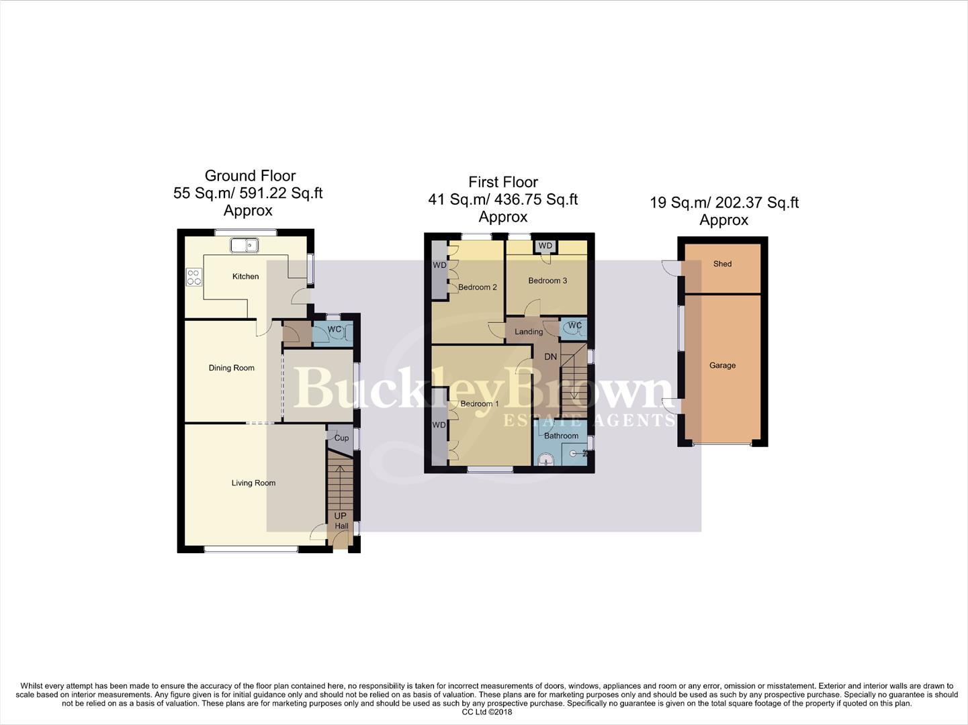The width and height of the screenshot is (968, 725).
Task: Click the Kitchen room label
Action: point(245,276)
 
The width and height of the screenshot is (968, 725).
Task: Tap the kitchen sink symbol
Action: point(245,246)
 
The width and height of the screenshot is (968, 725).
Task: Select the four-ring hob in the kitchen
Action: point(193,277)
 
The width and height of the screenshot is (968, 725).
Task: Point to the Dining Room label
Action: point(231,368)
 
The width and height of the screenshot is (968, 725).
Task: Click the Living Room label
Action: point(253,483)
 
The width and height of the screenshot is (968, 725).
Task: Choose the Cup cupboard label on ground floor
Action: point(341,438)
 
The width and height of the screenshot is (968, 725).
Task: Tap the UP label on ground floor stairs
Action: point(340,516)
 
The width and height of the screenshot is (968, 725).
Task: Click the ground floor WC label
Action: point(334,330)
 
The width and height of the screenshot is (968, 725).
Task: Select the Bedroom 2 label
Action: point(477,287)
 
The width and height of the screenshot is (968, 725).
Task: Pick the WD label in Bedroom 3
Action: point(545,246)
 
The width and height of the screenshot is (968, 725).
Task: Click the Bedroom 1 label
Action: point(479,403)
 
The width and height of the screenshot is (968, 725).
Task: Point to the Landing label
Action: point(529,332)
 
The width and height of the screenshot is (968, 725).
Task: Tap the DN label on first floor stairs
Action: point(550,356)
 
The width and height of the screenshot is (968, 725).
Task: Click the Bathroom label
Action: point(561,436)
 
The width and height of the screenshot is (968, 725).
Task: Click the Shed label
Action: point(722,264)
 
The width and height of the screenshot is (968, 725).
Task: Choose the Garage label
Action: point(722,365)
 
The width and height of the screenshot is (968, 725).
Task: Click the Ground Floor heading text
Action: point(250,176)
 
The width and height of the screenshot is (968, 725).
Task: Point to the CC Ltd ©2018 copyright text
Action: point(482,712)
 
